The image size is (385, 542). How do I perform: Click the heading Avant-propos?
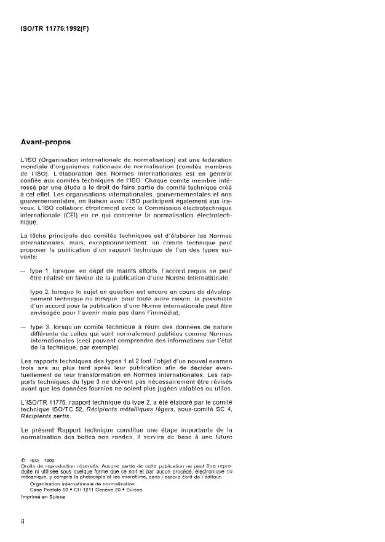(x=46, y=142)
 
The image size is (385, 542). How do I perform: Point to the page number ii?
(x=23, y=521)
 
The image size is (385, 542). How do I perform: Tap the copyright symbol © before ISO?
(x=23, y=458)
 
